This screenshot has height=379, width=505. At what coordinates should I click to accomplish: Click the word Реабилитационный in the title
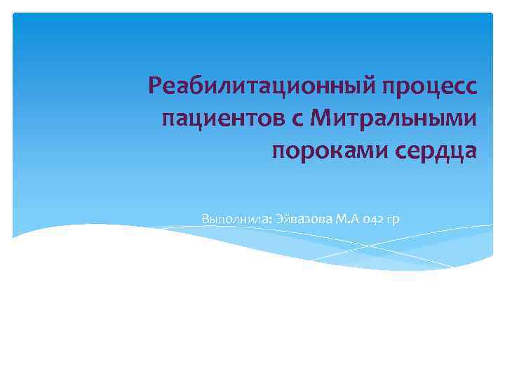(x=262, y=86)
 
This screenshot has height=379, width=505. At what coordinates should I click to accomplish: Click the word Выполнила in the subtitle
(x=231, y=219)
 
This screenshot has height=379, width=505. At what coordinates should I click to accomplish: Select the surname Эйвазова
(x=297, y=219)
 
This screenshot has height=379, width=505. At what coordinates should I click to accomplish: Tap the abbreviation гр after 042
(x=393, y=220)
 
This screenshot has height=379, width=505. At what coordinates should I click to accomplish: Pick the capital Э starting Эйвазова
(x=272, y=219)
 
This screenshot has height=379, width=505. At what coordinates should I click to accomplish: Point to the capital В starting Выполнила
(x=205, y=219)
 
